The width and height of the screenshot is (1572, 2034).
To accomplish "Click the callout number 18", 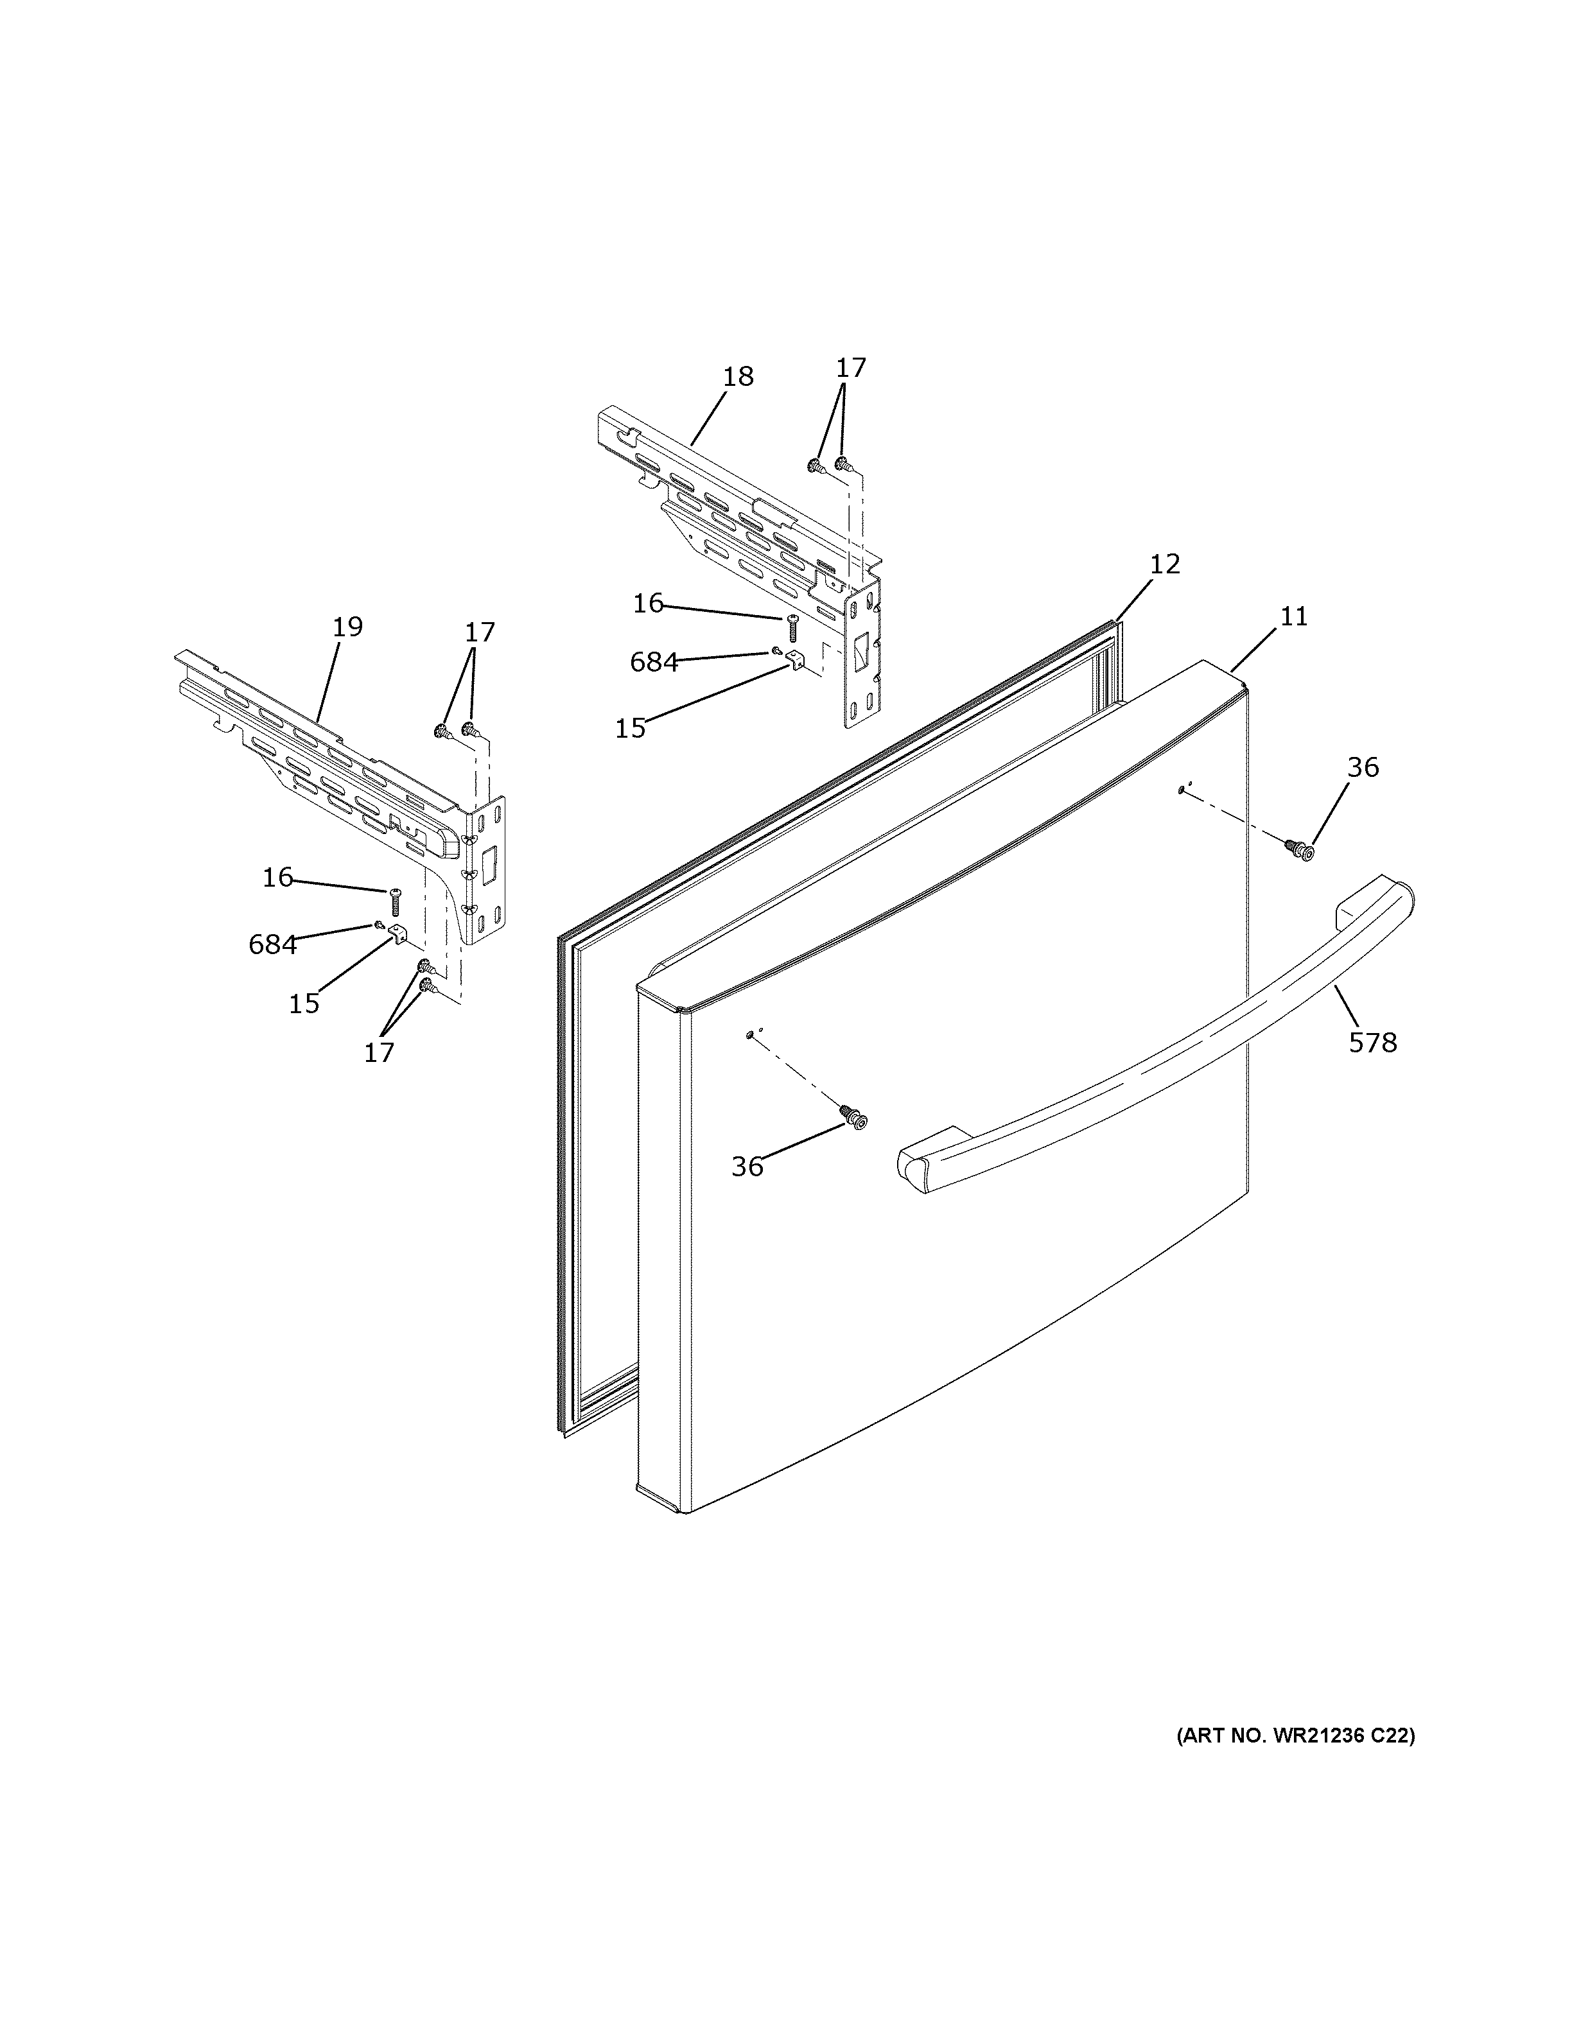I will (x=738, y=377).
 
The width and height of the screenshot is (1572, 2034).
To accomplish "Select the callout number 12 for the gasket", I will (x=1164, y=564).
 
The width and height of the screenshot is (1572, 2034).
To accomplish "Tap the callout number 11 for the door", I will (x=1293, y=616).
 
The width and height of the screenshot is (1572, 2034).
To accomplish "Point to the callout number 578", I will (x=1373, y=1043).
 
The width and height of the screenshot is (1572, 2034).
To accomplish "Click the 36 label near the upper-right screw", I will (x=1363, y=767).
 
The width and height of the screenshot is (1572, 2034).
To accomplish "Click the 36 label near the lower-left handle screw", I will (x=747, y=1167).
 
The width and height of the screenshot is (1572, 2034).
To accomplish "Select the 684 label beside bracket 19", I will (x=272, y=944).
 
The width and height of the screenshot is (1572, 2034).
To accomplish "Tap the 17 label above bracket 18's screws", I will (x=850, y=368).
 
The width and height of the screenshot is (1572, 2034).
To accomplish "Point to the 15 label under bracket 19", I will (x=304, y=1004).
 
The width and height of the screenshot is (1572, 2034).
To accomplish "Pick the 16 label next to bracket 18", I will (x=648, y=604).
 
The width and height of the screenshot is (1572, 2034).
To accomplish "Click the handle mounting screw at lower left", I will (x=852, y=1118).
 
